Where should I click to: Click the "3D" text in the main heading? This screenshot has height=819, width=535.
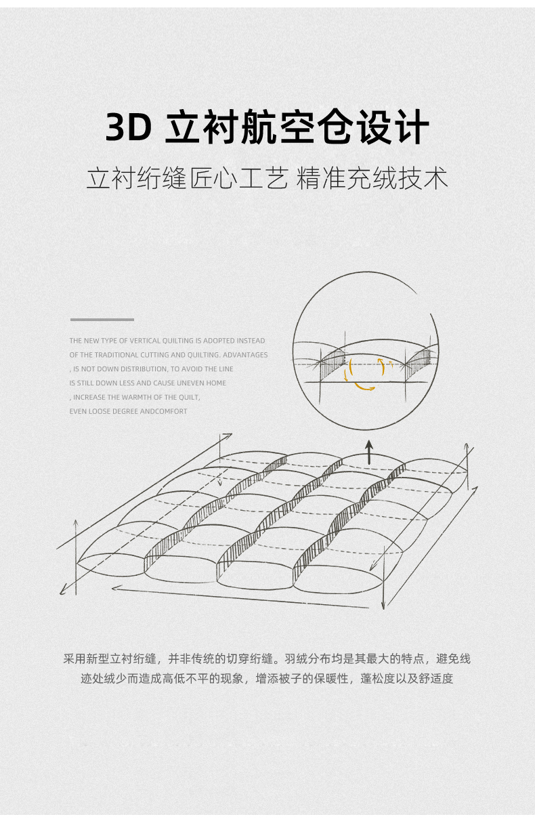[x=129, y=127]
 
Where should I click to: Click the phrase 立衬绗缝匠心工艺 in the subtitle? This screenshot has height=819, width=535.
[x=187, y=178]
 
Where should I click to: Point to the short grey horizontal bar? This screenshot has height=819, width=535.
[x=102, y=319]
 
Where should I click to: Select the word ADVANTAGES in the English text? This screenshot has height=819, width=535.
[x=245, y=355]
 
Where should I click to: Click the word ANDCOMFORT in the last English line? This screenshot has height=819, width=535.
[x=164, y=412]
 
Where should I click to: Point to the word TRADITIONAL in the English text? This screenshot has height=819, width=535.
[x=116, y=355]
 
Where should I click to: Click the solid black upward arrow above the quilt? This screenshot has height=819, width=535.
[x=369, y=451]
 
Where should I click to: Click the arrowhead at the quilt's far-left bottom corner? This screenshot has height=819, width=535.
[x=63, y=590]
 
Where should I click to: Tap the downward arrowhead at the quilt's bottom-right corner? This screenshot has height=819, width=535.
[x=383, y=604]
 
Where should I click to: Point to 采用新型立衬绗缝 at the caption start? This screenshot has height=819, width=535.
[x=110, y=658]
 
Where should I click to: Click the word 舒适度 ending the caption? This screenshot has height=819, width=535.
[x=437, y=678]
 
